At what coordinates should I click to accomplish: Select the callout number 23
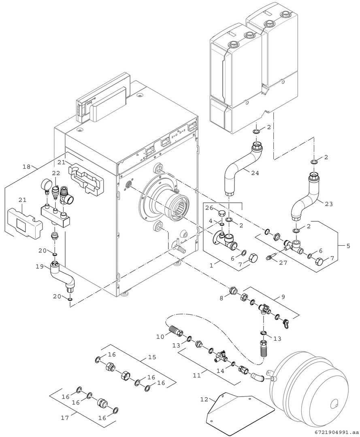click(x=328, y=204)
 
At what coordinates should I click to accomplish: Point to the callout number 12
click(x=204, y=400)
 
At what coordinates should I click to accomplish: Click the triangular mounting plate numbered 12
click(x=239, y=409)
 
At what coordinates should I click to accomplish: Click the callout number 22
click(x=55, y=173)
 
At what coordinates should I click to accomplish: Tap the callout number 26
click(x=209, y=208)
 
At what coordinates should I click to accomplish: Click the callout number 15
click(x=152, y=357)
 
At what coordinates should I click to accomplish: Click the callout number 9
click(x=283, y=297)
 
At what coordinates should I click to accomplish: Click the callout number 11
click(x=196, y=375)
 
